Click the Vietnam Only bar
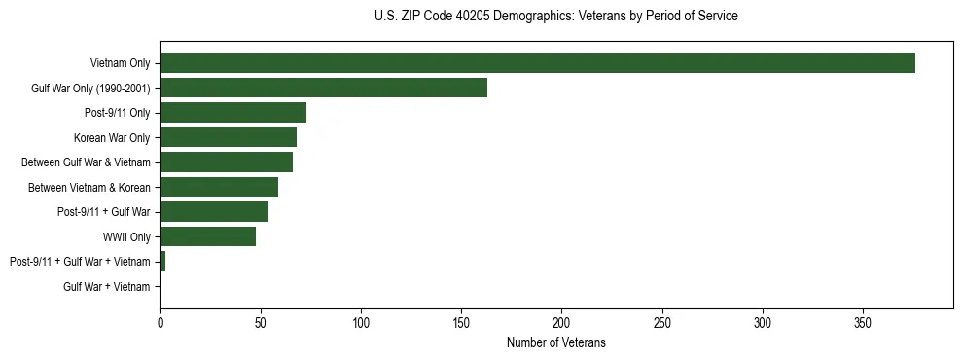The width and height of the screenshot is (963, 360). (537, 63)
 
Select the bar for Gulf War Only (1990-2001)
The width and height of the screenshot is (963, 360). (323, 89)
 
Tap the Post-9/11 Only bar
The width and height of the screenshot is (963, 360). (232, 113)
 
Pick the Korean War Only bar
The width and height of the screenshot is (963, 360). (228, 138)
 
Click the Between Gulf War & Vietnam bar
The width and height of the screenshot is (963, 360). (226, 162)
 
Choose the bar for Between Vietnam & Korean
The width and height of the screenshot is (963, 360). (219, 188)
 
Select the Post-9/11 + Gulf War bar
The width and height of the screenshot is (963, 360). (214, 212)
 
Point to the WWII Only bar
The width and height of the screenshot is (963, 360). (207, 237)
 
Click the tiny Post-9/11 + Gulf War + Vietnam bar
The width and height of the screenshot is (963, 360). (162, 262)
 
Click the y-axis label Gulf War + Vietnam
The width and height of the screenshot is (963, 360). (106, 287)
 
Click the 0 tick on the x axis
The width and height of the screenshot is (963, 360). (160, 322)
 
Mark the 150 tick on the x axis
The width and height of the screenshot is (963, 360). (461, 322)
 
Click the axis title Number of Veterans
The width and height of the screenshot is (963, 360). (555, 342)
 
